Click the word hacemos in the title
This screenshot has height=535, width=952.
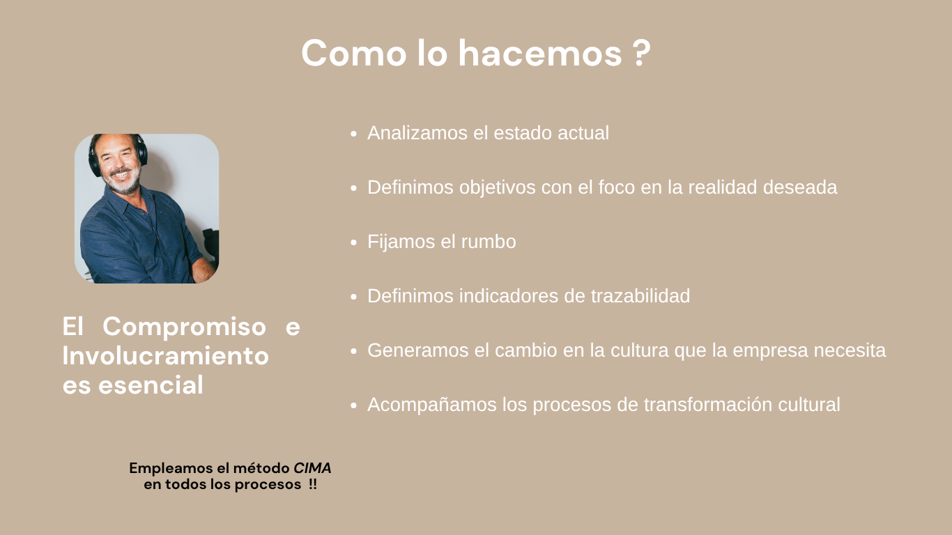point(540,53)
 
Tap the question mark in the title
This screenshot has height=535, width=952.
point(643,53)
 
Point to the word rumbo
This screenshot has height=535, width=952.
point(489,242)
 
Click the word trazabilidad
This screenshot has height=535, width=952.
point(640,296)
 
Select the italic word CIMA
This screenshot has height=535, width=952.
point(312,468)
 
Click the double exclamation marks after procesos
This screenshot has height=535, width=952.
point(312,484)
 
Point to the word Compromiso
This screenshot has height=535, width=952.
point(185,326)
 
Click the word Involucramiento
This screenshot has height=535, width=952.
point(166,355)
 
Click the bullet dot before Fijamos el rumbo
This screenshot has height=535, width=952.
point(354,242)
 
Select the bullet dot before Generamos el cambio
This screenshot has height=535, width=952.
point(354,351)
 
